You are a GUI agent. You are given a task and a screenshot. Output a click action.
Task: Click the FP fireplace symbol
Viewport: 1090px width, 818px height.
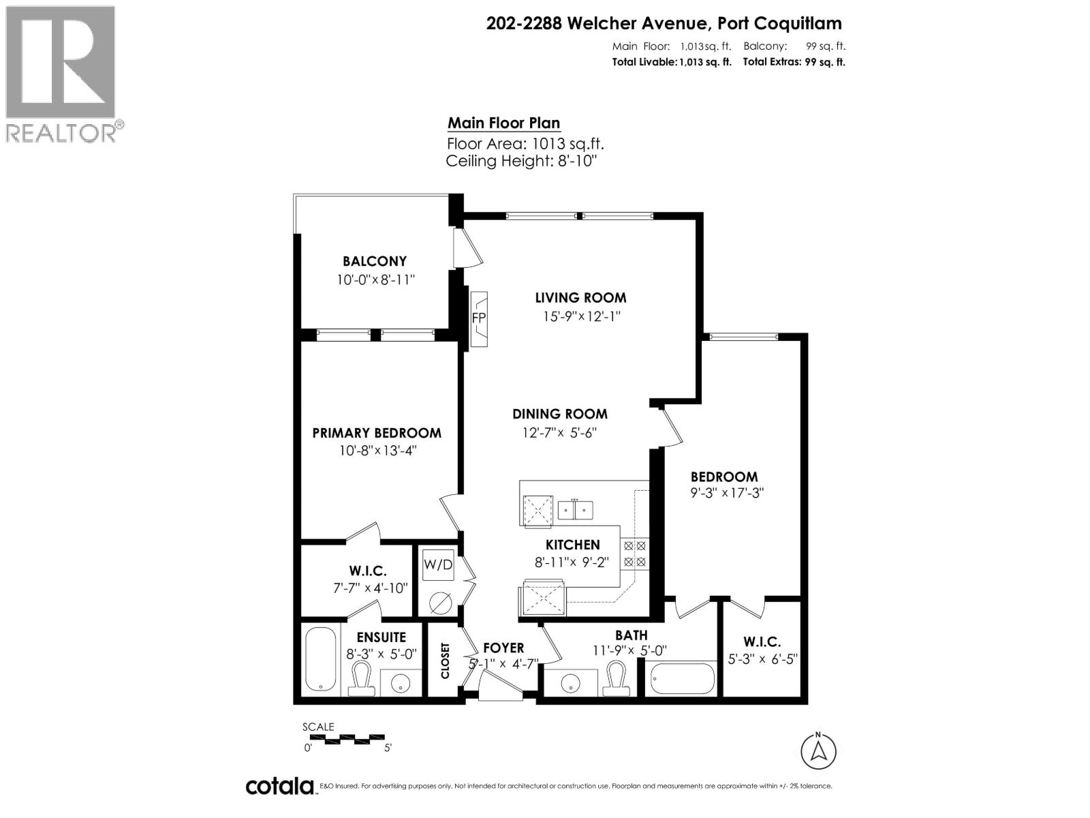(479, 318)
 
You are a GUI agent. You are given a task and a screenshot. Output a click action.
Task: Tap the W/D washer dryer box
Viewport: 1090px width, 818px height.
(438, 565)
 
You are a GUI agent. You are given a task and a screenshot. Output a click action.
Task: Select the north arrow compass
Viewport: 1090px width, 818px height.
(818, 751)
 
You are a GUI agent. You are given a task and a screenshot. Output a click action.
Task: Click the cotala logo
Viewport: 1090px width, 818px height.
(279, 786)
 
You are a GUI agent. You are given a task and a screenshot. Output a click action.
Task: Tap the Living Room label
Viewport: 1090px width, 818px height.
(580, 298)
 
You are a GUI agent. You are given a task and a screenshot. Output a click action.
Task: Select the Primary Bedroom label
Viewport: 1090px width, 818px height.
(377, 433)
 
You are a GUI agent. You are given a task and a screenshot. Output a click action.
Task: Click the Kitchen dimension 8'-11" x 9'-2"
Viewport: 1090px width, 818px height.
(572, 562)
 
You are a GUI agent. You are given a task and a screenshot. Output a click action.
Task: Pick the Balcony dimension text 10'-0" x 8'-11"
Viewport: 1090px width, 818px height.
(375, 279)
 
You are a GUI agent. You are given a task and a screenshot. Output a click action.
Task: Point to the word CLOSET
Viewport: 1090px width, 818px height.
(446, 661)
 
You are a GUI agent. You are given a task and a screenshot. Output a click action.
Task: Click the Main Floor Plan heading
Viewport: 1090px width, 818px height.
(503, 123)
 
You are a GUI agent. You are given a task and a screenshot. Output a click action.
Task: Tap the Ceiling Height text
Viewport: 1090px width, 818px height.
(521, 161)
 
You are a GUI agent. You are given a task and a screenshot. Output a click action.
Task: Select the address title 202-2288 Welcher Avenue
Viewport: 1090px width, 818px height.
(664, 23)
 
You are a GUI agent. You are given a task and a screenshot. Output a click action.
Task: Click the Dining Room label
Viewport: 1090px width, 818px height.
(560, 414)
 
